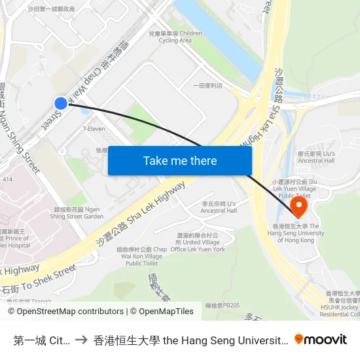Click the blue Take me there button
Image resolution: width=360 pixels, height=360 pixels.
[x=180, y=160]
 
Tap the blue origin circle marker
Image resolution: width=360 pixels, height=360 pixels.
[x=61, y=103]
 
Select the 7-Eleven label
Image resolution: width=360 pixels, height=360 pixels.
[x=94, y=129]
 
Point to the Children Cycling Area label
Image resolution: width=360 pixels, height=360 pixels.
[x=175, y=37]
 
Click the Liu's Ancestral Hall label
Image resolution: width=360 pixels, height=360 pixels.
[x=316, y=156]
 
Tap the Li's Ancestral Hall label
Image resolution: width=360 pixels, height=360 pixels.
[x=219, y=207]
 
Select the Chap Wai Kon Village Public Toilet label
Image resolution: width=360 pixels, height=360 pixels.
[x=142, y=256]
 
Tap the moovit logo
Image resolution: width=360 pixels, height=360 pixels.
[x=321, y=339]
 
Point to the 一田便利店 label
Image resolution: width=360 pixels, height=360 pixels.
[x=207, y=85]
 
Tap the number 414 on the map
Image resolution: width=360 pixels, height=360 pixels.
[x=7, y=179]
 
